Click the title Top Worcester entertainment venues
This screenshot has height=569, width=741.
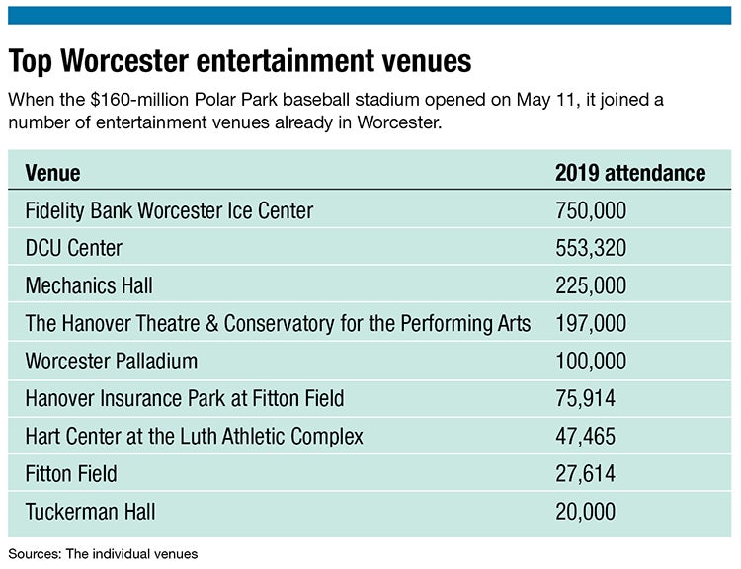tap(240, 61)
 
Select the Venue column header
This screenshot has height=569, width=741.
tap(52, 174)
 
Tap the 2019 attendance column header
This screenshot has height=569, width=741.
tap(630, 174)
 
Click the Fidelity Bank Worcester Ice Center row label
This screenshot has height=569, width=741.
tap(169, 211)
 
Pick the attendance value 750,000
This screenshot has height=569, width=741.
tap(591, 211)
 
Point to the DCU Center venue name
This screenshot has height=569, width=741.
tap(74, 249)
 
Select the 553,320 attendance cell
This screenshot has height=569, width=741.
tap(591, 249)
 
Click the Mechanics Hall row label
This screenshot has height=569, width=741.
tap(89, 286)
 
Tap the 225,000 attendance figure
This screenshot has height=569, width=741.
tap(591, 286)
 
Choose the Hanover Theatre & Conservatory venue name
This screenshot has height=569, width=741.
tap(278, 324)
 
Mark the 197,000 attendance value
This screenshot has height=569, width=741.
tap(591, 324)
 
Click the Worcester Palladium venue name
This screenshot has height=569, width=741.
tap(112, 362)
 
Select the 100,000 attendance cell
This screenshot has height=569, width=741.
tap(591, 362)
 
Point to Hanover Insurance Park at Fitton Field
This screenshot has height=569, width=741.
tap(185, 399)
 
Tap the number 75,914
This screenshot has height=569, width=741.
tap(586, 399)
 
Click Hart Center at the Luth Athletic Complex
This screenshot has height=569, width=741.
tap(195, 437)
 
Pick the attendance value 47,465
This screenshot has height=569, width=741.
tap(586, 437)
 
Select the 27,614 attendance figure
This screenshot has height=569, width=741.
tap(586, 474)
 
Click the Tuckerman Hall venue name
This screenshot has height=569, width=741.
tap(90, 512)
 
